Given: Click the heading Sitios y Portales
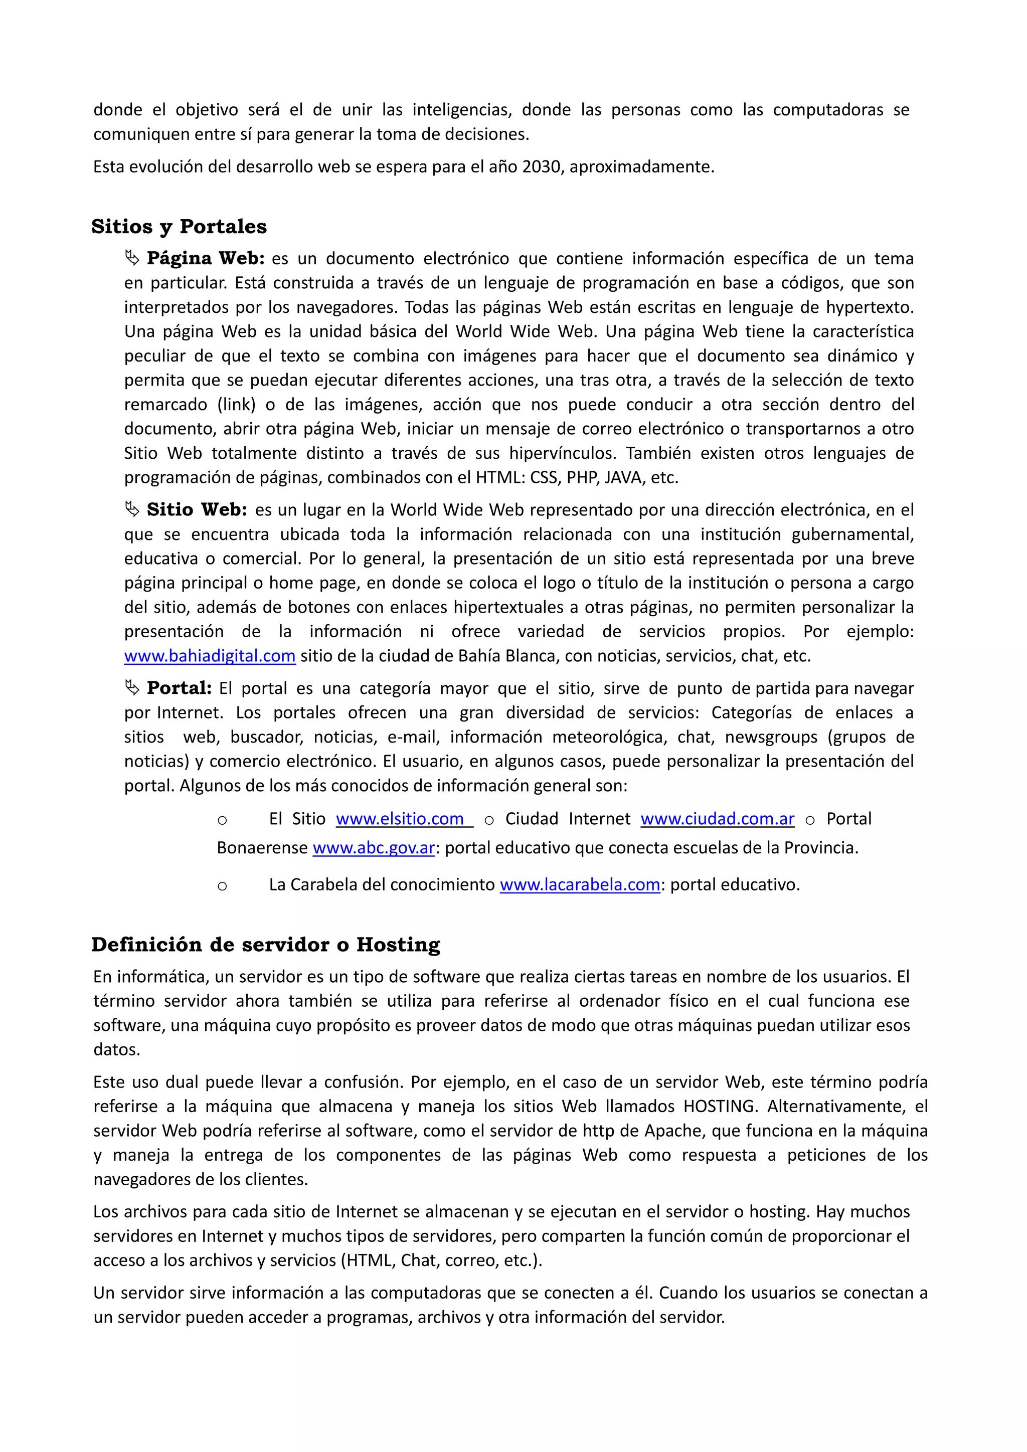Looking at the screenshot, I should click(179, 227).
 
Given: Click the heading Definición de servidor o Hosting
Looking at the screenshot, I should click(266, 944).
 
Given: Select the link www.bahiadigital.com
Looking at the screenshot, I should click(209, 656).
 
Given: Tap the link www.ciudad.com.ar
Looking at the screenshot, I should click(717, 819).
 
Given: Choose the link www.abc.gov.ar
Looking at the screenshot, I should click(374, 848).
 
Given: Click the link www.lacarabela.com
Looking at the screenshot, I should click(580, 885).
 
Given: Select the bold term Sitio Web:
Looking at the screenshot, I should click(197, 510).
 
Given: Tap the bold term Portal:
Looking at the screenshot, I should click(179, 688).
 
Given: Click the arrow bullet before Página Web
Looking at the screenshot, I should click(131, 258).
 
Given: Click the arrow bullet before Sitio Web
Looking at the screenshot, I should click(131, 510).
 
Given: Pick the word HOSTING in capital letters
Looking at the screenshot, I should click(720, 1107).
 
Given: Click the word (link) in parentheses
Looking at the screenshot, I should click(237, 405).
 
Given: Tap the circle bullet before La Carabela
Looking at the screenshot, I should click(222, 886).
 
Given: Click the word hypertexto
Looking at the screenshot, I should click(870, 307).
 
